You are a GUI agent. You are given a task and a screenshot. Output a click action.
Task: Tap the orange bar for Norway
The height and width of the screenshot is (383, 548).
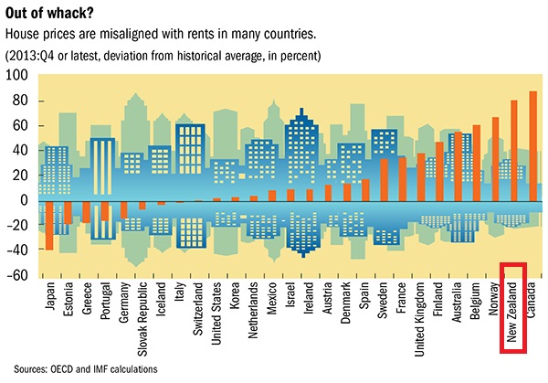495,158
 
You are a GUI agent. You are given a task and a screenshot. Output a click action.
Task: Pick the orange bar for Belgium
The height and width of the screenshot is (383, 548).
476,162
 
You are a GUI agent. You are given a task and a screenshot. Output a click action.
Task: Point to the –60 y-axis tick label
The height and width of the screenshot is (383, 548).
17,275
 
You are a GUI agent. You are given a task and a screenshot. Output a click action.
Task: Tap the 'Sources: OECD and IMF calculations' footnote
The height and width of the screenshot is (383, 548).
92,369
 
